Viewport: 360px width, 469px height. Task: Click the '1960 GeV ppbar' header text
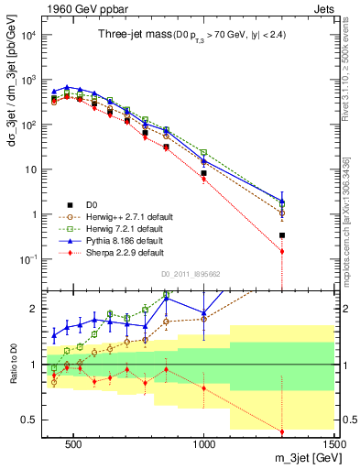point(76,7)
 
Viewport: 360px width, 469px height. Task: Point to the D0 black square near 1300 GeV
point(282,235)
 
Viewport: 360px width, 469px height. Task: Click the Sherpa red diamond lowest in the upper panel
point(282,251)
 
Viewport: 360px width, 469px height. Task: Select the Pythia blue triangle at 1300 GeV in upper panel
point(282,201)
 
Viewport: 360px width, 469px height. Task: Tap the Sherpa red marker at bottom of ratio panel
point(282,431)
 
